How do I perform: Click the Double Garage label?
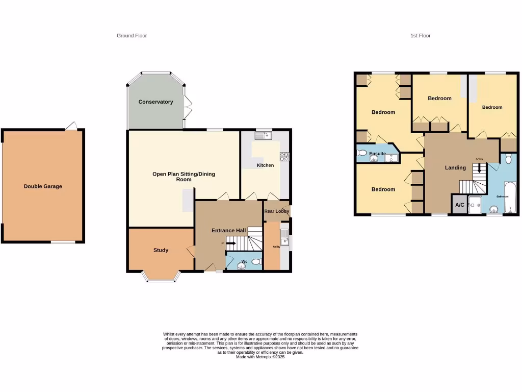tap(43, 186)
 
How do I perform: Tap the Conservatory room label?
tap(155, 102)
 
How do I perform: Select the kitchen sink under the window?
tap(265, 136)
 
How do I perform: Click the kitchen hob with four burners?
tap(284, 157)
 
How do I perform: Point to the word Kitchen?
tap(265, 165)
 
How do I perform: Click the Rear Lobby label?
tap(276, 211)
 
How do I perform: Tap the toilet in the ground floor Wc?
tap(256, 262)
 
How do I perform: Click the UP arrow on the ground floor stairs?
tap(230, 243)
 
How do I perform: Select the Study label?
tap(161, 250)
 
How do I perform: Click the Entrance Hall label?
tap(229, 231)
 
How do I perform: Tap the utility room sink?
tap(284, 236)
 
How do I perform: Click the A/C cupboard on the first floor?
tap(459, 205)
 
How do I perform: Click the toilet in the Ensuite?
tap(362, 153)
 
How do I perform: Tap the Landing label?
tap(455, 168)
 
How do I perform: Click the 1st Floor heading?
tap(421, 36)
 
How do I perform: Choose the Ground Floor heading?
tap(132, 36)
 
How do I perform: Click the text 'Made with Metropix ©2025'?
tap(260, 357)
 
